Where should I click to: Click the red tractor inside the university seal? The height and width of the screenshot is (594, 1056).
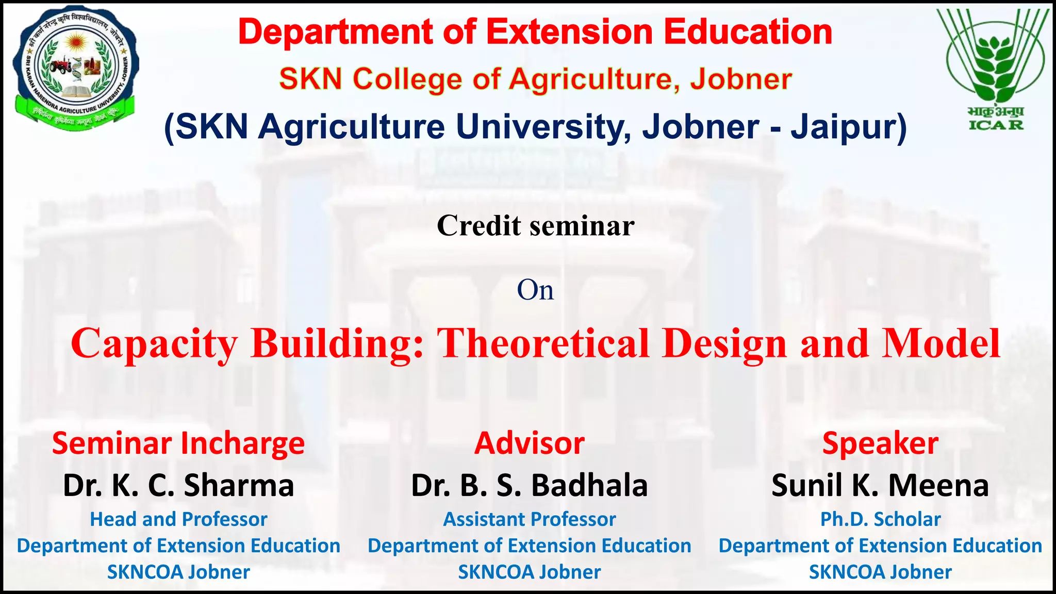point(61,65)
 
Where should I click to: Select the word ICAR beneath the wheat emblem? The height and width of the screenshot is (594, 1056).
point(996,125)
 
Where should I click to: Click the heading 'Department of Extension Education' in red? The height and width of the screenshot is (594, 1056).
point(535,32)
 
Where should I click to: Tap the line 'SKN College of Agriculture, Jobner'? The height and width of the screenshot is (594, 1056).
point(535,79)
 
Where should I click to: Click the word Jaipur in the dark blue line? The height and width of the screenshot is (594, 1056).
point(848,127)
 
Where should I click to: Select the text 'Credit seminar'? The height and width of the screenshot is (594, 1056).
point(535,226)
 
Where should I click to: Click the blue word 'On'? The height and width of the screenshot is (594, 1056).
point(535,290)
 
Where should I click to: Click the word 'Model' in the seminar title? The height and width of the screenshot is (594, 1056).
point(941,343)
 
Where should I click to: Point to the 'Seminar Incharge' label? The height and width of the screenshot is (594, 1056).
point(178,443)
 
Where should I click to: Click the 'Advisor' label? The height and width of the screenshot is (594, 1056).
point(530,443)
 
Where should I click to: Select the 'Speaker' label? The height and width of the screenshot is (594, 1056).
point(880,443)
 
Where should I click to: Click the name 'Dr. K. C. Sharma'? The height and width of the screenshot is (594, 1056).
point(178,485)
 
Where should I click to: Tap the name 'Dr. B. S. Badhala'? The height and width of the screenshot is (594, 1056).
point(530,485)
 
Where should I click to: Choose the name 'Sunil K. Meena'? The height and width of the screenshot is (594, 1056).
point(880,485)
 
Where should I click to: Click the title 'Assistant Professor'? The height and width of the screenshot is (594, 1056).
point(530,519)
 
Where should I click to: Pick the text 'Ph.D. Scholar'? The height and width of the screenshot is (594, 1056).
point(880,519)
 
